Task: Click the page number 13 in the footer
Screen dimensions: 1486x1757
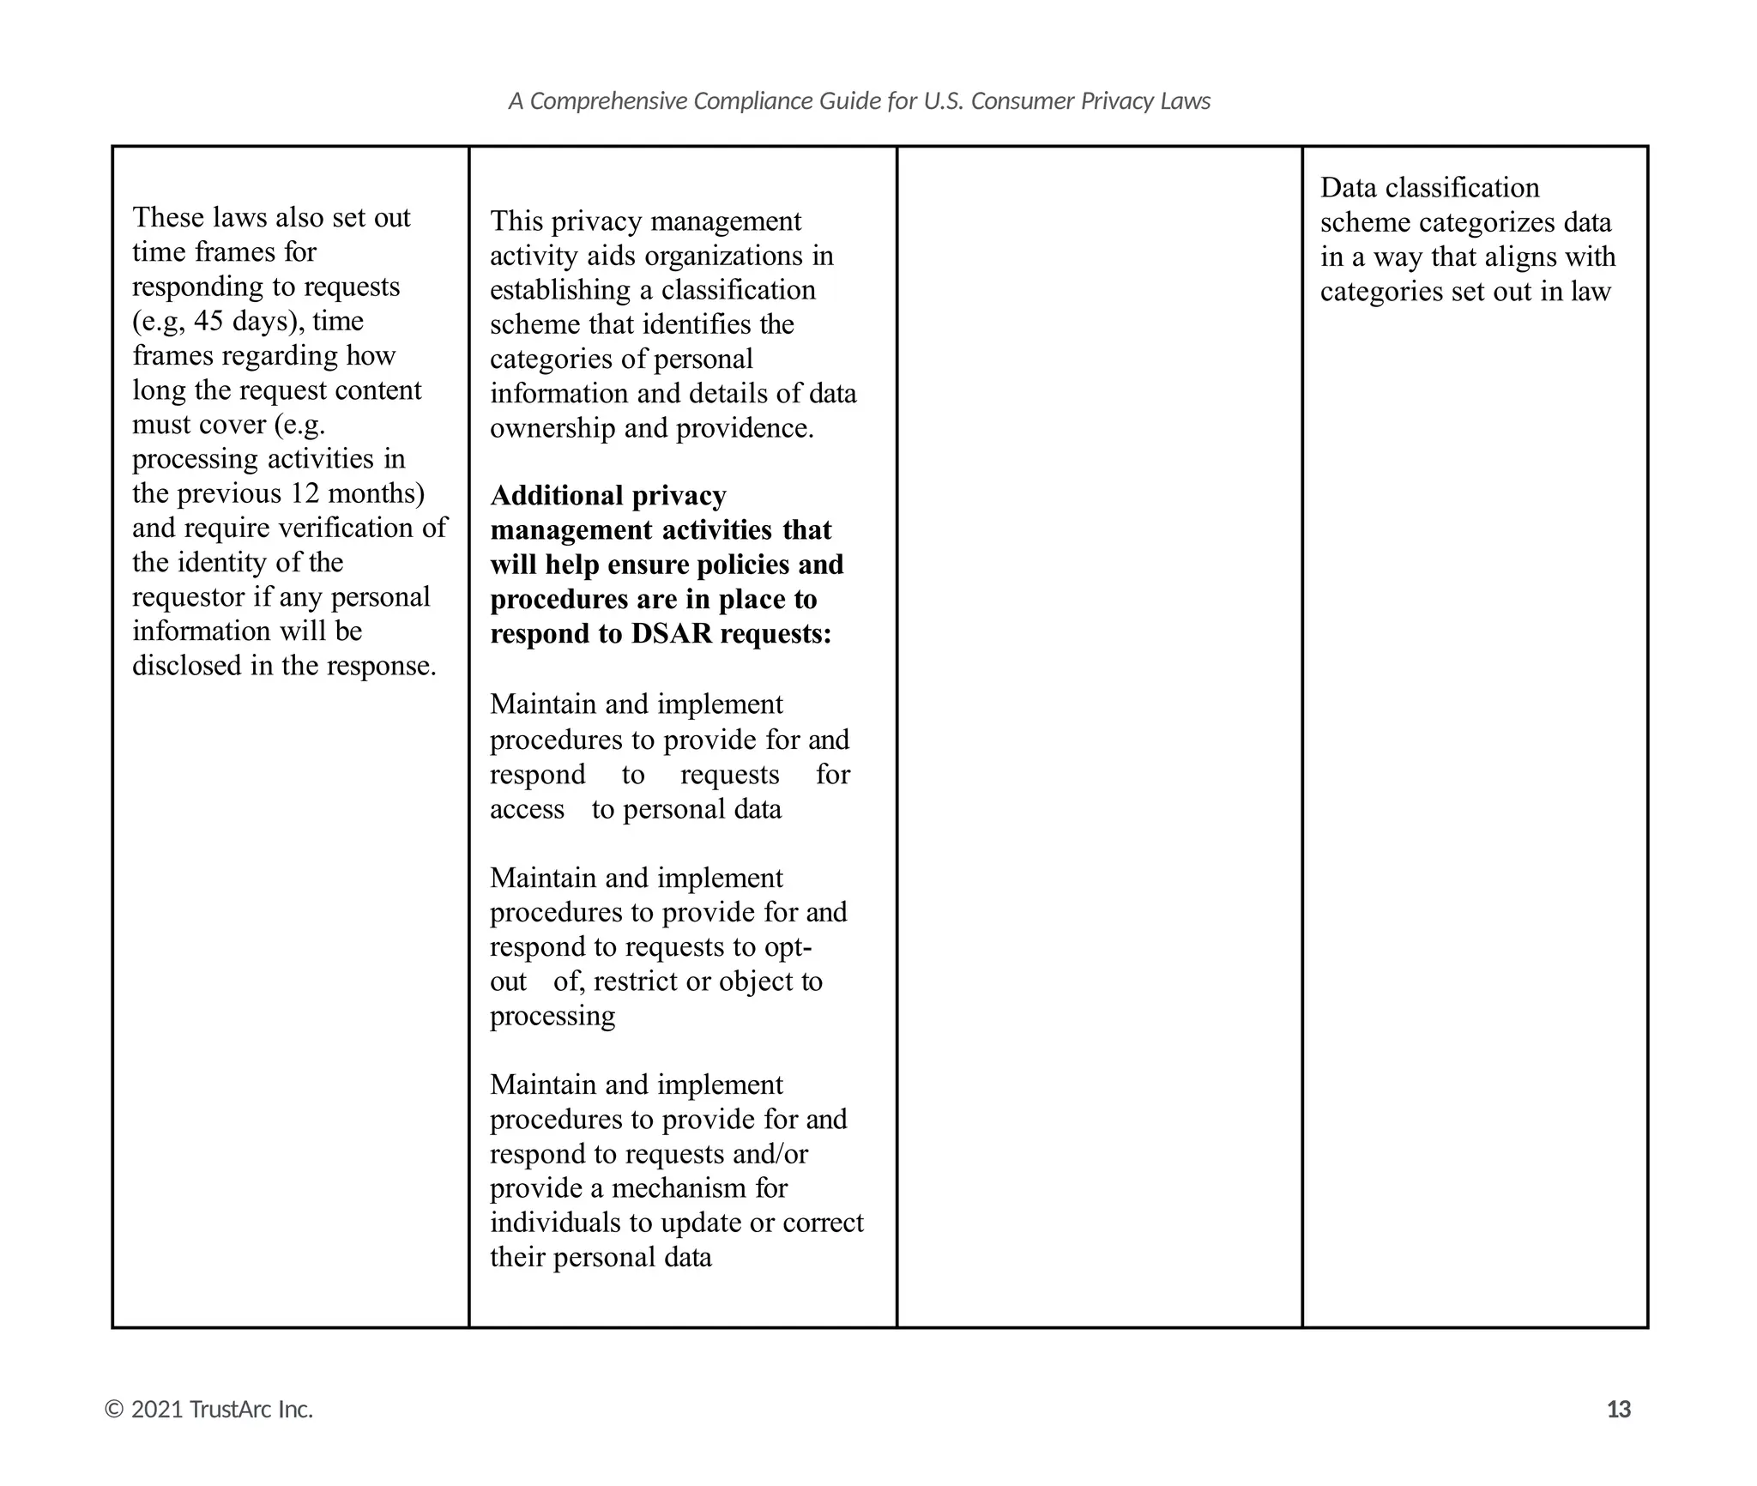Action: pos(1618,1410)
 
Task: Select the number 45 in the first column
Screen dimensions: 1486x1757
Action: pos(208,321)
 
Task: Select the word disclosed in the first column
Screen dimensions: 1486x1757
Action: pos(187,666)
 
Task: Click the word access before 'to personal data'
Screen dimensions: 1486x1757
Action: pos(527,809)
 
